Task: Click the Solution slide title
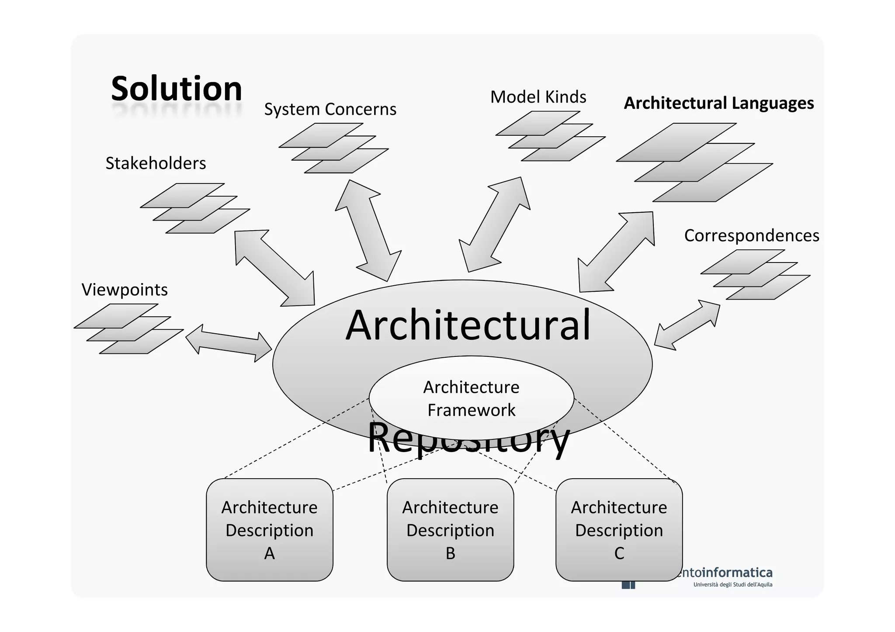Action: [177, 89]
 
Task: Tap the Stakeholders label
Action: [156, 163]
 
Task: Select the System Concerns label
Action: [330, 109]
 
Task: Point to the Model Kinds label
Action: [538, 97]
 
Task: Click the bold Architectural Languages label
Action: [718, 104]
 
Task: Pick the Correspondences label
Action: [751, 235]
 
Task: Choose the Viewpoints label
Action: [125, 290]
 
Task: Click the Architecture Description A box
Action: [269, 530]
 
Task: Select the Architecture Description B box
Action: [450, 530]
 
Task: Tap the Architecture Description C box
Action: [619, 530]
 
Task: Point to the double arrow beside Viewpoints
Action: [229, 343]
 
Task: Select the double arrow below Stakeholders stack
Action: [274, 268]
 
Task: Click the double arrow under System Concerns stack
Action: [368, 231]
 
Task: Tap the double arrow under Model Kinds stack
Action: [495, 224]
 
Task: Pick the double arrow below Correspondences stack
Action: [687, 325]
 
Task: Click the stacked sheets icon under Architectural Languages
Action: [694, 162]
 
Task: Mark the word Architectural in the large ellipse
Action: [468, 325]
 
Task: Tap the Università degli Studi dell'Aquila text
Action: [732, 584]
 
